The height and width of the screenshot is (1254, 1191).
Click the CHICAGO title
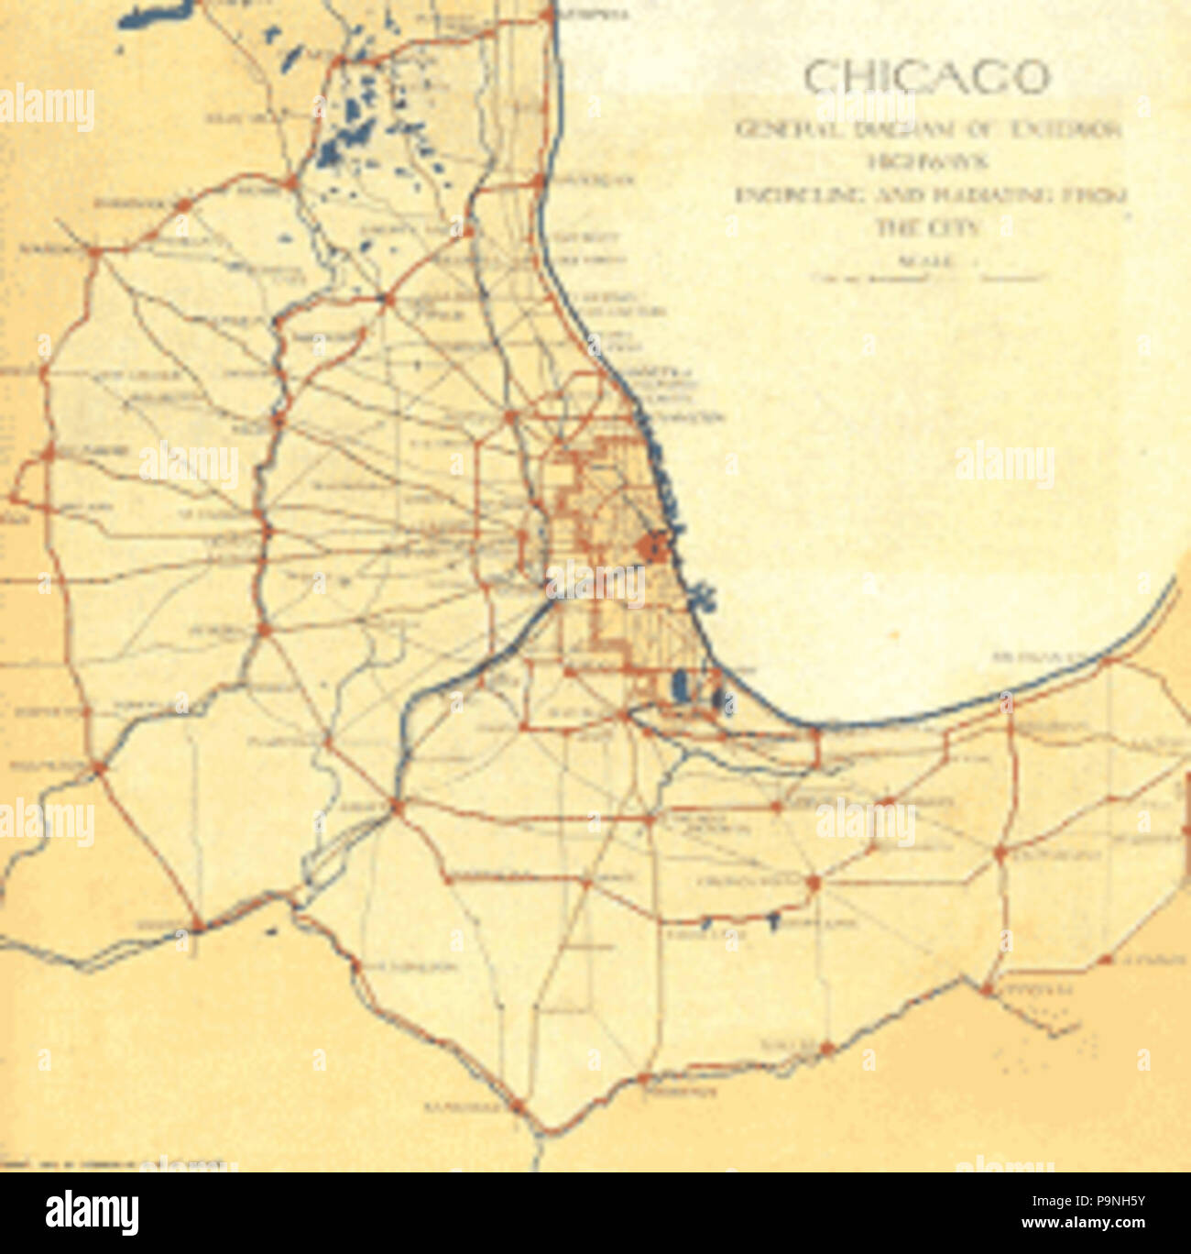pos(926,78)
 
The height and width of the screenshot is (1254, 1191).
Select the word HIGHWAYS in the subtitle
pos(926,162)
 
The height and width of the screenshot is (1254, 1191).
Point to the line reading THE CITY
pos(927,228)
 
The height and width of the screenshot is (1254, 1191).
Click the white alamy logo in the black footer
pos(93,1212)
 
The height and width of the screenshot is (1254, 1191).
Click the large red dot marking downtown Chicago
pos(651,547)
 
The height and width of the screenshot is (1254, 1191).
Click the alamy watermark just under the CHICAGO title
pos(861,108)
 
